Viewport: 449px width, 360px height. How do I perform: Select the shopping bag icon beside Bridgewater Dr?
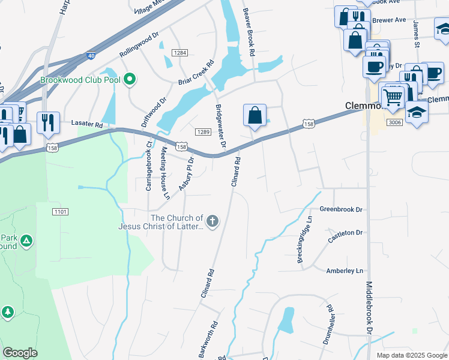click(x=255, y=115)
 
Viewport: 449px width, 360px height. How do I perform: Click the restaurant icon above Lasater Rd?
click(x=47, y=122)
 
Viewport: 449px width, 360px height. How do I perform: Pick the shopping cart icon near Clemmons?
click(x=393, y=96)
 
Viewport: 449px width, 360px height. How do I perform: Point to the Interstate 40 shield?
click(x=91, y=55)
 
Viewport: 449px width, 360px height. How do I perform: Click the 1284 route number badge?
click(x=179, y=53)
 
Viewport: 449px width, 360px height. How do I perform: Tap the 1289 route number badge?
click(x=202, y=132)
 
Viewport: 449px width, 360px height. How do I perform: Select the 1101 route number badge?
click(x=61, y=212)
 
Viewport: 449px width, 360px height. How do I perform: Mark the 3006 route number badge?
click(x=394, y=122)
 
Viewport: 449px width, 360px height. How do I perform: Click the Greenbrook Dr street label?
click(x=341, y=209)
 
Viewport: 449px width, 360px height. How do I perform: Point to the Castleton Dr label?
click(x=345, y=236)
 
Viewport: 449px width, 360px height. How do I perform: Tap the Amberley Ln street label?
click(x=345, y=271)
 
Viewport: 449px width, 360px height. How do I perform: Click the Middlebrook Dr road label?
click(x=369, y=307)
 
